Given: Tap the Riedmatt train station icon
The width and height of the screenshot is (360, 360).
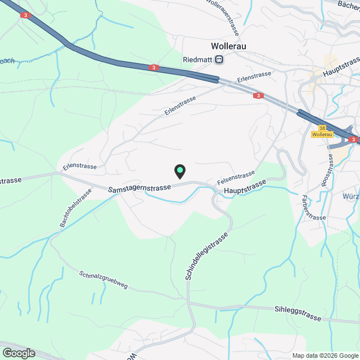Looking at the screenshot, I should (219, 59).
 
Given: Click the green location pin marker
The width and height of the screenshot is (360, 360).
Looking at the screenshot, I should (179, 170).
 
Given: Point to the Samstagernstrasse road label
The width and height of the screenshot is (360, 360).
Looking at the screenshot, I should (141, 187).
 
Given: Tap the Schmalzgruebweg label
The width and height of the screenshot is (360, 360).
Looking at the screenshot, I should (103, 280).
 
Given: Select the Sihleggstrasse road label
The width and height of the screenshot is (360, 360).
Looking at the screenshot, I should (298, 314).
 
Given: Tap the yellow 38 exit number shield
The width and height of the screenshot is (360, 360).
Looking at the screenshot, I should (322, 128).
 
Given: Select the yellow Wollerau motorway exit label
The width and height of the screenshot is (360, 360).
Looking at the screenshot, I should (322, 134).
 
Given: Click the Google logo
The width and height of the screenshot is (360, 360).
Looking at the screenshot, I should (18, 353).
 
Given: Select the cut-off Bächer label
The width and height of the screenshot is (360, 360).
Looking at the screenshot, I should (348, 4).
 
